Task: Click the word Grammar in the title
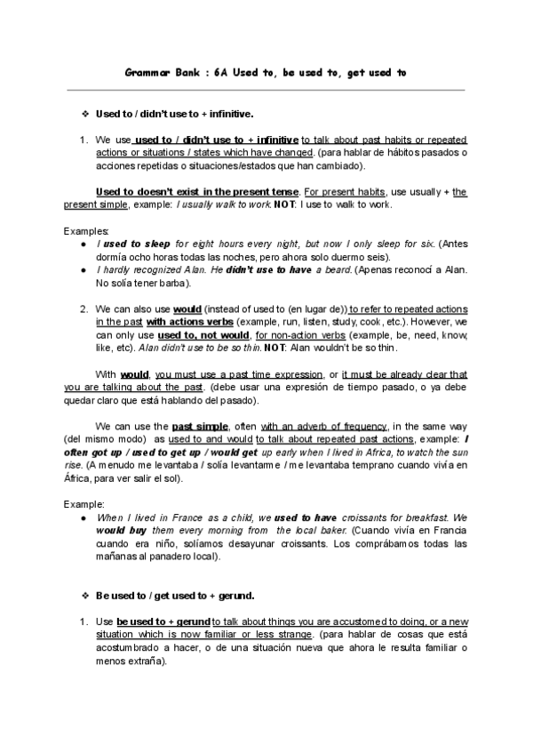145,73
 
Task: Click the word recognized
153,269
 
